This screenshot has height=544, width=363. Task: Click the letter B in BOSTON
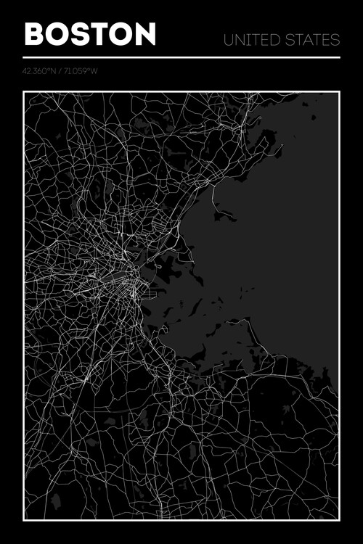click(x=34, y=34)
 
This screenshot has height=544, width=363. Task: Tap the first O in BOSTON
click(x=57, y=34)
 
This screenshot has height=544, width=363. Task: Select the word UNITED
click(x=250, y=39)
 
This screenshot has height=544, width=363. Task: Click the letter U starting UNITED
click(x=229, y=39)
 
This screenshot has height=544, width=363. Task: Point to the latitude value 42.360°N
click(x=38, y=71)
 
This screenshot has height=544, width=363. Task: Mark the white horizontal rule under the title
click(x=181, y=57)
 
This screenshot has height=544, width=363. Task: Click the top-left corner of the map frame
click(x=24, y=92)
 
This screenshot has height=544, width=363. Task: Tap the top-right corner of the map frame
click(x=339, y=92)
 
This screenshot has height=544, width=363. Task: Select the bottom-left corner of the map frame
click(x=24, y=519)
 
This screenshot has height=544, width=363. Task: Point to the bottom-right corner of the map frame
click(x=339, y=519)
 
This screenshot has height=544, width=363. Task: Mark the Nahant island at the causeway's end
click(x=224, y=215)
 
